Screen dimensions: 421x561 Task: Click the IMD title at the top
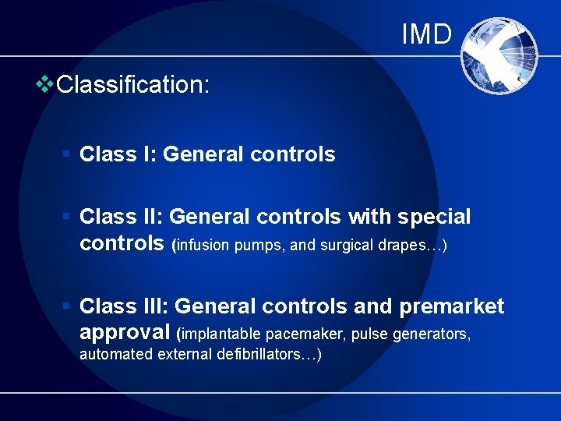click(426, 34)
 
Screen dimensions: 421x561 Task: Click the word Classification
click(132, 85)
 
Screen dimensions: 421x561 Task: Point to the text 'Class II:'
click(121, 216)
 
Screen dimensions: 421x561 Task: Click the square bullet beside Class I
click(68, 154)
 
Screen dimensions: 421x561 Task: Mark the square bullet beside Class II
click(68, 216)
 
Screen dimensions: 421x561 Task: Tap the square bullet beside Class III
click(68, 306)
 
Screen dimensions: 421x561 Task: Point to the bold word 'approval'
click(125, 332)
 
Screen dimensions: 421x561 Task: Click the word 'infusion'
click(203, 246)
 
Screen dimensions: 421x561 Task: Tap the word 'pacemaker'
click(306, 335)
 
